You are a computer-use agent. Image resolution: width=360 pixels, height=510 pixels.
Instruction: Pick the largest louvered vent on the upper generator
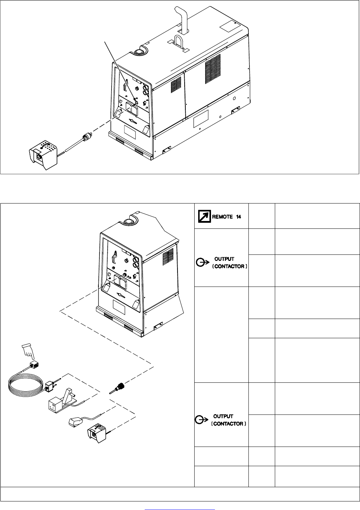213,68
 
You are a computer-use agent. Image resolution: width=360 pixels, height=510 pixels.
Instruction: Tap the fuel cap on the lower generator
127,221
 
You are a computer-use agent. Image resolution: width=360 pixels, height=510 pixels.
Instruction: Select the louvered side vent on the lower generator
168,257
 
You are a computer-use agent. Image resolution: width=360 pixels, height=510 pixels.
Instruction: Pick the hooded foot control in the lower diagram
97,433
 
